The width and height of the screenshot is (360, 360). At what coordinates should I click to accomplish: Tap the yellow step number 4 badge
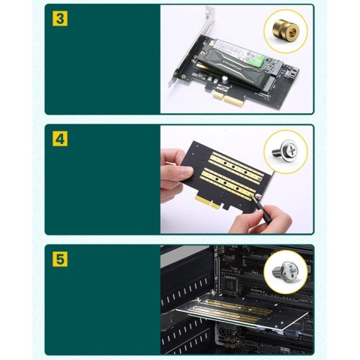(59, 139)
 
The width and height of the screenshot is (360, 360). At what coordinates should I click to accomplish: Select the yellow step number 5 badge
(59, 259)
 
